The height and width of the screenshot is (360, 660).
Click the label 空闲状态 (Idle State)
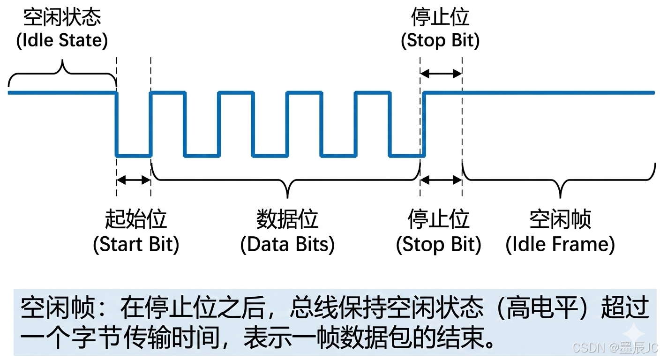tap(62, 29)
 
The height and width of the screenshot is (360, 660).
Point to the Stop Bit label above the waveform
tap(440, 29)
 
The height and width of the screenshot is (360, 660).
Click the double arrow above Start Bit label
tap(134, 180)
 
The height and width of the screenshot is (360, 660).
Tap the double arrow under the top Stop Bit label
tap(441, 73)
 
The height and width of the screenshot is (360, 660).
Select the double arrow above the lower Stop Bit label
tap(441, 180)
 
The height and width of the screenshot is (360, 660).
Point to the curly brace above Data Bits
tap(287, 180)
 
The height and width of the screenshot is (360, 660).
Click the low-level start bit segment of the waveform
tap(134, 155)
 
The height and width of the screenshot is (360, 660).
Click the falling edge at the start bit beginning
tap(116, 124)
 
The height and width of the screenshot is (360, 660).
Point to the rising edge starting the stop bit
tap(423, 124)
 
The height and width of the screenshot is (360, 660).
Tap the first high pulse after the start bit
tap(168, 93)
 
